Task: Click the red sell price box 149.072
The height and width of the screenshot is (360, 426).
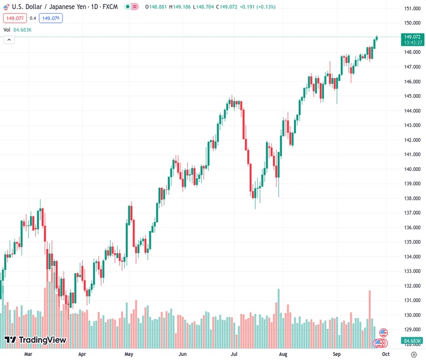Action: pyautogui.click(x=14, y=18)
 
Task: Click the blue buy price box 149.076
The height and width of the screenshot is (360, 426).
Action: pyautogui.click(x=50, y=18)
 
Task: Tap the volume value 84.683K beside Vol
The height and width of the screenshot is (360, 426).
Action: pyautogui.click(x=22, y=29)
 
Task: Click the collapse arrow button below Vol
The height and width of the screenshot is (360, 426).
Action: pyautogui.click(x=8, y=40)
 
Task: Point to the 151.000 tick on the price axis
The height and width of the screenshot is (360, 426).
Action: pyautogui.click(x=411, y=8)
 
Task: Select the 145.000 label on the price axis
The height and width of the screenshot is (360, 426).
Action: pyautogui.click(x=411, y=96)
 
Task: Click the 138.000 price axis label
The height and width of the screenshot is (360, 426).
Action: pyautogui.click(x=411, y=199)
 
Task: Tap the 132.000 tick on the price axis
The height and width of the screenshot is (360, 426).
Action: pyautogui.click(x=411, y=286)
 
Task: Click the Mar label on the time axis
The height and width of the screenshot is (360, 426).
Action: pyautogui.click(x=28, y=355)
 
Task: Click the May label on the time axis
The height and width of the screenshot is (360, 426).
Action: pyautogui.click(x=128, y=355)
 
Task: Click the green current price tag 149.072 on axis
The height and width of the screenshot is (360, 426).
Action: pyautogui.click(x=411, y=37)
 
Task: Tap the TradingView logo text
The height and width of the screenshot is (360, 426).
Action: pyautogui.click(x=42, y=340)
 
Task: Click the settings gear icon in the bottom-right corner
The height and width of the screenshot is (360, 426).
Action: pyautogui.click(x=413, y=355)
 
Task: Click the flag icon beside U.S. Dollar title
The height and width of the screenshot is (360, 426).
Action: pyautogui.click(x=7, y=7)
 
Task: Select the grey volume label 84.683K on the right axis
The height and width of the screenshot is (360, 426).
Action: pyautogui.click(x=411, y=340)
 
